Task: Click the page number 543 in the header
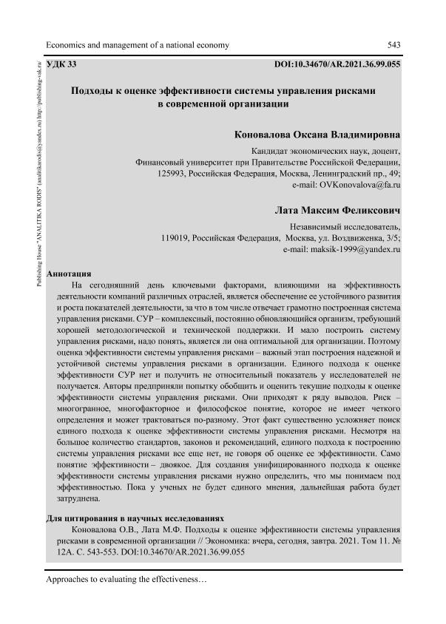393,45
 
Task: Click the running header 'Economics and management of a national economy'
138,45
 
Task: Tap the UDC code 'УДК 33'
61,65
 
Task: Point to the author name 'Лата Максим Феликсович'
338,211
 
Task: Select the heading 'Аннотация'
69,274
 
